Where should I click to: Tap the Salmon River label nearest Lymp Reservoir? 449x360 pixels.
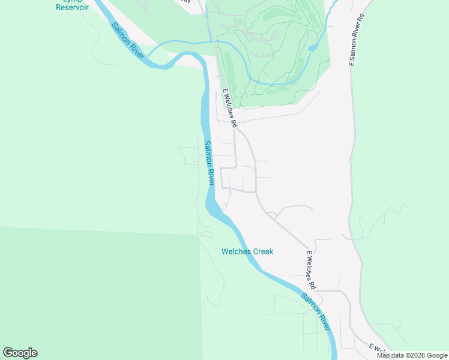[128, 41]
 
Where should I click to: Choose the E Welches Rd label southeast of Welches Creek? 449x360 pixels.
[310, 269]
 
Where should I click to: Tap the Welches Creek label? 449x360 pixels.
[247, 251]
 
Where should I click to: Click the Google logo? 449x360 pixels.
[20, 353]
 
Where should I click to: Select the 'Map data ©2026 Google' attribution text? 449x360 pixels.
[412, 355]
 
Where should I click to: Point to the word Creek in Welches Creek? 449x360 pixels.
[262, 251]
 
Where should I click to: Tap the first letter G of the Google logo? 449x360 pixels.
[8, 352]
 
